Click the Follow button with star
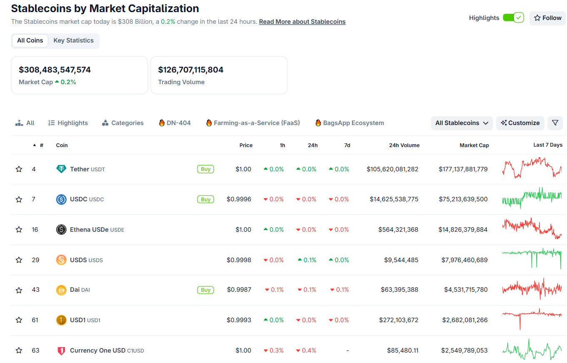tap(547, 18)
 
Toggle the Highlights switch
tap(513, 18)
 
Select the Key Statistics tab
tap(73, 40)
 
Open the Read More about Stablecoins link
tap(302, 22)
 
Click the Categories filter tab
tap(123, 123)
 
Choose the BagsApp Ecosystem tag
tap(350, 123)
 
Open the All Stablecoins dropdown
tap(462, 123)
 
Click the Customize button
tap(520, 123)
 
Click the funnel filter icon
tap(555, 123)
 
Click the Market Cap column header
tap(474, 145)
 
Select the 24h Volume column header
tap(404, 145)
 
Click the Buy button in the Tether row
tap(205, 169)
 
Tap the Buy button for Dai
tap(205, 290)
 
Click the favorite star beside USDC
tap(19, 199)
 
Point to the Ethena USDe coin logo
tap(61, 230)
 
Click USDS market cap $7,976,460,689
tap(464, 260)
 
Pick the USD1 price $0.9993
tap(239, 320)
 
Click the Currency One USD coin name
tap(97, 350)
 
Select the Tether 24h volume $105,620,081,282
tap(392, 169)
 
